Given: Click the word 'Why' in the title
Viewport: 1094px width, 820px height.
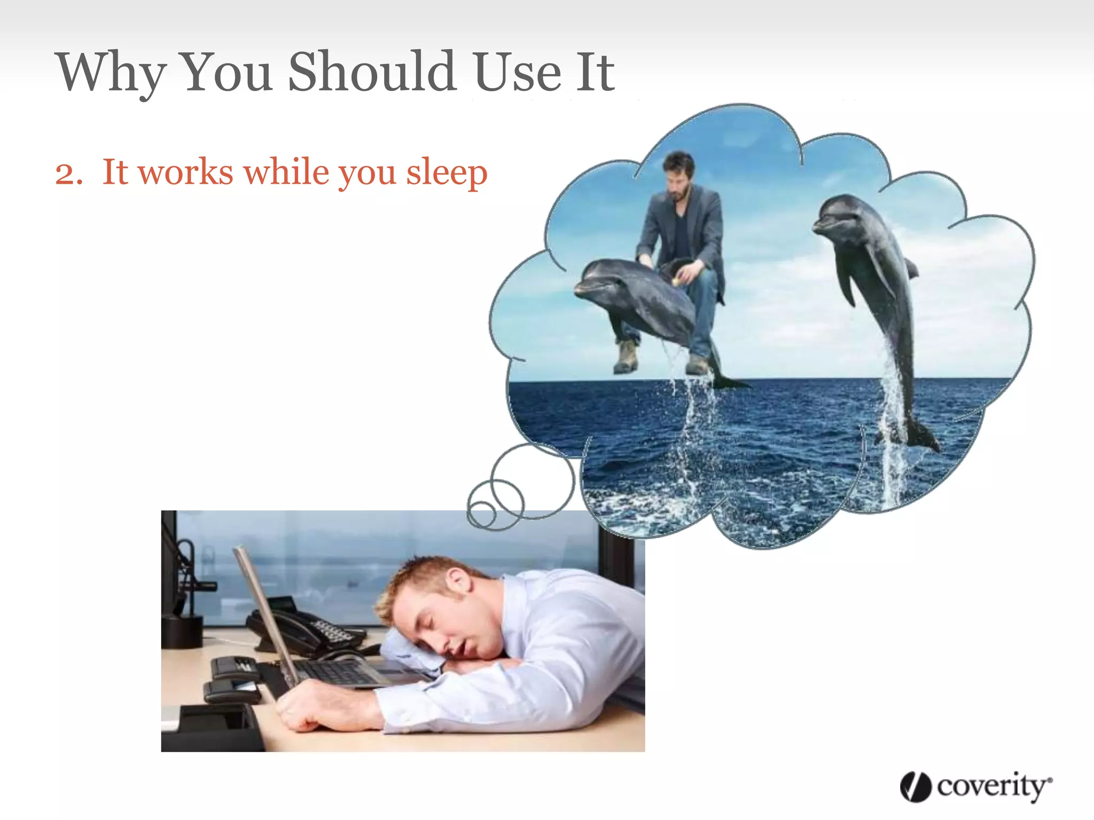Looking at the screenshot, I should click(x=111, y=73).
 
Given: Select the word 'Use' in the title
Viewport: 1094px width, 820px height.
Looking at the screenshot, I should click(x=517, y=73).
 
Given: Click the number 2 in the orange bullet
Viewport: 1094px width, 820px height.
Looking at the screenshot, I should click(x=68, y=174).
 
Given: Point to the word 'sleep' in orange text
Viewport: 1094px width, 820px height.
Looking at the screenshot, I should click(x=447, y=173).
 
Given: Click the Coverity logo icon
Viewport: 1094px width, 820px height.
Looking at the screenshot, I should click(x=915, y=786).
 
